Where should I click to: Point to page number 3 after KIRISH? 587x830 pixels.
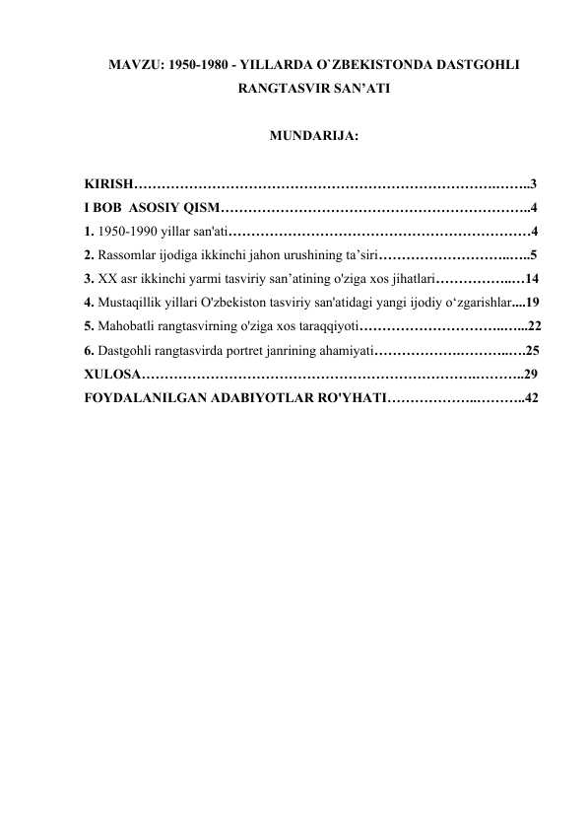pos(533,184)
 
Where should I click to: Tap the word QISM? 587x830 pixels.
pos(202,208)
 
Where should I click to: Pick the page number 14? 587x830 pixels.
pos(532,279)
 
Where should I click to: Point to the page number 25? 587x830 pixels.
pos(533,350)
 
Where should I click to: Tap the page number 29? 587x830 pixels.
pos(532,375)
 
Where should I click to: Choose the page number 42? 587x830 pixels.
pos(532,398)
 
